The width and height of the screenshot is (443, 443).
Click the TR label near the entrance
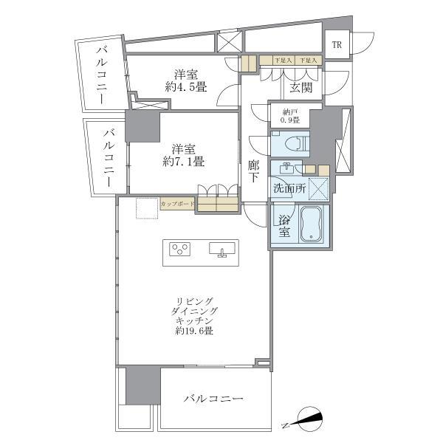pos(337,45)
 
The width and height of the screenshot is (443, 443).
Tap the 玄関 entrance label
pos(301,88)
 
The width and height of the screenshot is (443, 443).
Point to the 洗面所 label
pos(289,188)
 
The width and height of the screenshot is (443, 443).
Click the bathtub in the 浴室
pos(312,224)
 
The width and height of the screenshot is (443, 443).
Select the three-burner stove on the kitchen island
pos(180,249)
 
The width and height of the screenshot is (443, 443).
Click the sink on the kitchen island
pos(221,250)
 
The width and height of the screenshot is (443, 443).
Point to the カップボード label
pos(178,203)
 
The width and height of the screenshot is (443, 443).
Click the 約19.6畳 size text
pos(195,332)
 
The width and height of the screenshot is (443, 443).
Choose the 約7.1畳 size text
pos(184,160)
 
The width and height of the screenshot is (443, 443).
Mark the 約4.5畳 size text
pos(185,86)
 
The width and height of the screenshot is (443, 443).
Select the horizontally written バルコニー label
pos(213,399)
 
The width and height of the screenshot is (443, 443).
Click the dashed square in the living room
pos(145,209)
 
